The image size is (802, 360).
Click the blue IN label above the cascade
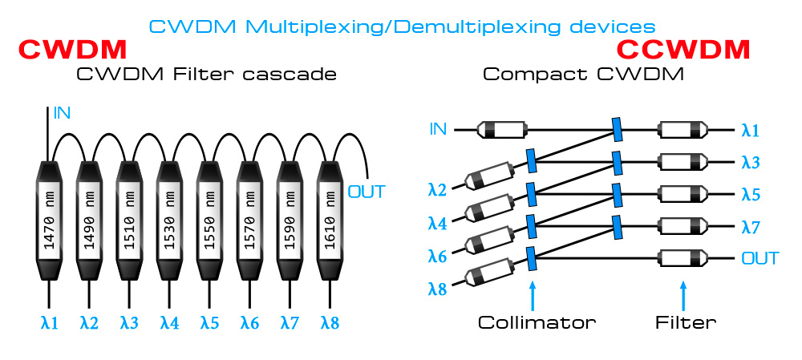[62, 113]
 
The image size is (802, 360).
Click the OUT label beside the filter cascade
[367, 192]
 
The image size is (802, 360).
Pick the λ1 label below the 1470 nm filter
[49, 324]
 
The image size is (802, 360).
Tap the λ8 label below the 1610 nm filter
[330, 324]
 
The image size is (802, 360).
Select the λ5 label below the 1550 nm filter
[209, 324]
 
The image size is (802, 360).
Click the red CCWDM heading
[683, 50]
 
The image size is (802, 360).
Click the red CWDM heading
[72, 50]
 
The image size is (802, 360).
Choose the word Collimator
[537, 323]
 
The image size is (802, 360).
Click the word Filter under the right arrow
[685, 323]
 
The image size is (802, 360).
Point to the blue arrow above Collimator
[531, 293]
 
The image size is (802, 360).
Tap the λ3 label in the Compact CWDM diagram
[751, 162]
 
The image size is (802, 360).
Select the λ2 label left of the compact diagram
[437, 190]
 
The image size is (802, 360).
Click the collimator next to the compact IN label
[501, 128]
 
